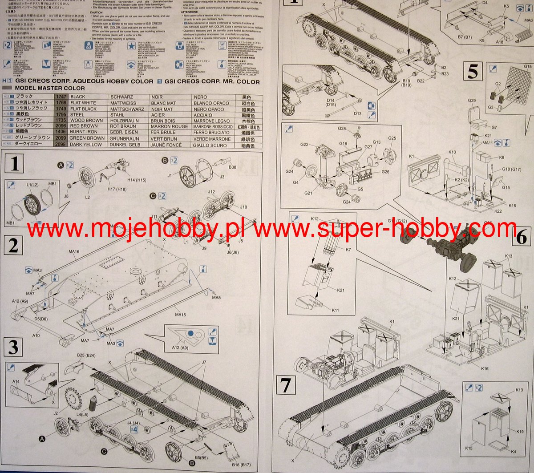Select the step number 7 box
(x=285, y=384)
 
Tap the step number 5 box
(x=473, y=71)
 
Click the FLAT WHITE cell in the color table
(x=83, y=103)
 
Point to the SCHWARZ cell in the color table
(x=121, y=97)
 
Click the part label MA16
(x=74, y=252)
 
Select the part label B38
(x=232, y=167)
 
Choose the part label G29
(x=472, y=101)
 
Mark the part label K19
(x=520, y=432)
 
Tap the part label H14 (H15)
(x=137, y=180)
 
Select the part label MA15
(x=181, y=315)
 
